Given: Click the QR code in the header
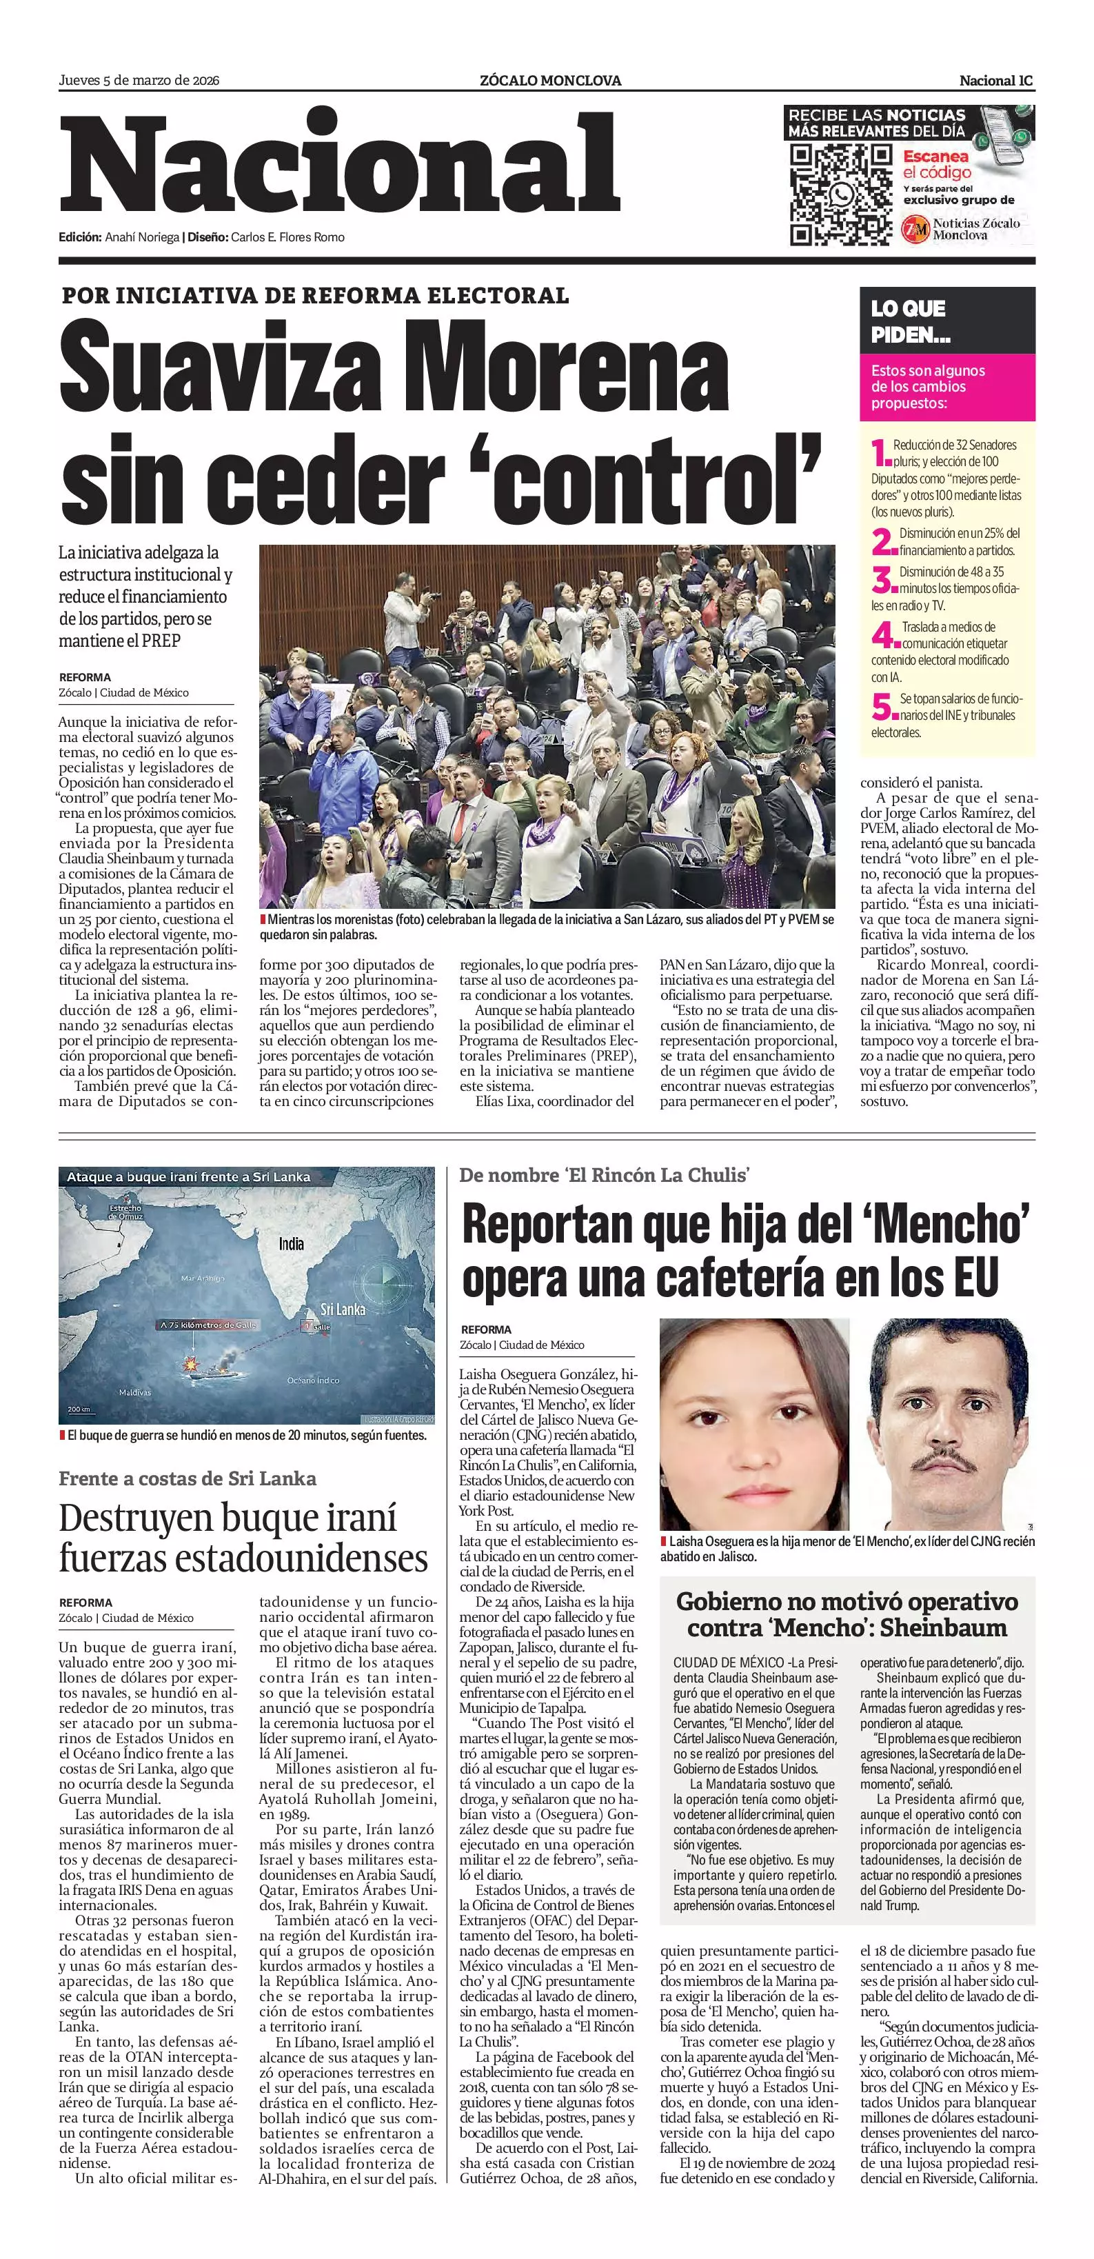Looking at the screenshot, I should click(x=840, y=194).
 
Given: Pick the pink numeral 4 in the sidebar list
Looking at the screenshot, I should click(x=885, y=635).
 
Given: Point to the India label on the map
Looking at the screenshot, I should click(x=291, y=1243).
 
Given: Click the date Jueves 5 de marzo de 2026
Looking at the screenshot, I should click(x=139, y=81).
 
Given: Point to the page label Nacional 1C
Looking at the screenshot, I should click(x=996, y=81).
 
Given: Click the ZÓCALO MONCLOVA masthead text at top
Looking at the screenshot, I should click(x=551, y=81).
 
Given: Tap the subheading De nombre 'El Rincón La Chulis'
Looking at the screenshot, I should click(x=604, y=1175).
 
